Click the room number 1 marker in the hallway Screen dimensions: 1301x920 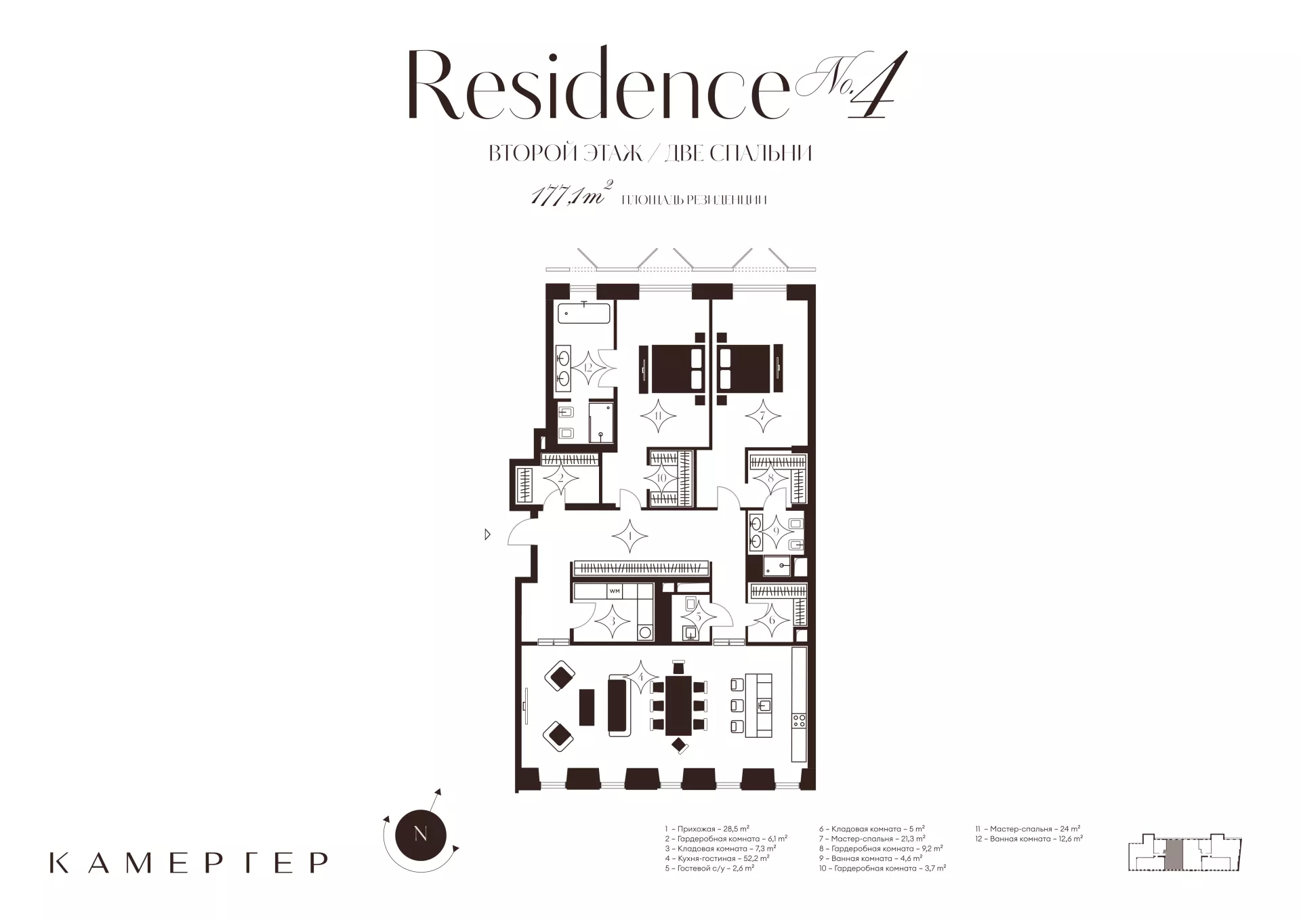630,537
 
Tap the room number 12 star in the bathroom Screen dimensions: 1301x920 588,368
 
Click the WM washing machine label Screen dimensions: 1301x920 615,591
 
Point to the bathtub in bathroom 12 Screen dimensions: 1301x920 584,314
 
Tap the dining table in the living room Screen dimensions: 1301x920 678,715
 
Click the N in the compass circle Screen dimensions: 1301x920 420,834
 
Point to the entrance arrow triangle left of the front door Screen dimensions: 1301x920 487,535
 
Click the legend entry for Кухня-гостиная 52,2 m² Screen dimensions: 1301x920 717,858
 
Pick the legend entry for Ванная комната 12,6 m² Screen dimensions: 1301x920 1029,839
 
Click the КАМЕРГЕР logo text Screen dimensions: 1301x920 189,862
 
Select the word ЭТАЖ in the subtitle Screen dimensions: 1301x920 610,154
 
